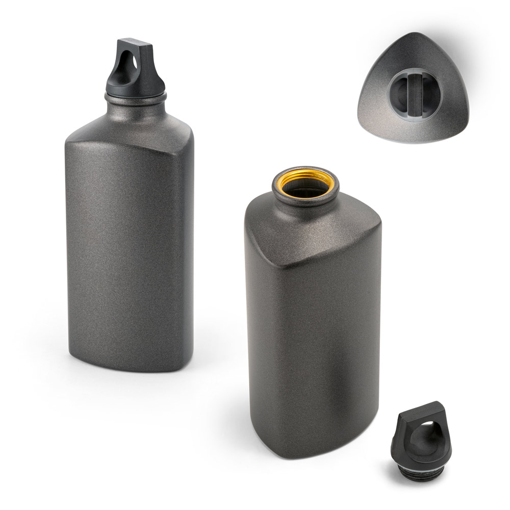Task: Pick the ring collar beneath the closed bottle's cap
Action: tap(136, 95)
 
